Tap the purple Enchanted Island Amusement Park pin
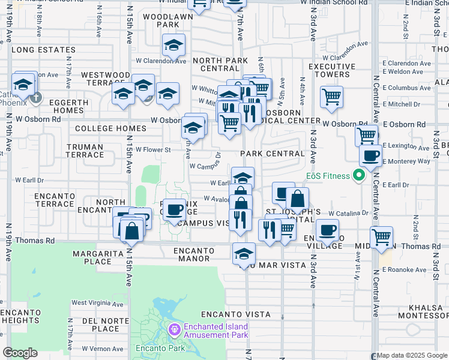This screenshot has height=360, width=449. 174,329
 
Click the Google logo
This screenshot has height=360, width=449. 20,353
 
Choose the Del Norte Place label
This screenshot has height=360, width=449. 101,325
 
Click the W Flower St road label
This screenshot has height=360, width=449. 154,150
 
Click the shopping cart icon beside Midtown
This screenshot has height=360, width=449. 382,238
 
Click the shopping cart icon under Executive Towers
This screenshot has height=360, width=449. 331,97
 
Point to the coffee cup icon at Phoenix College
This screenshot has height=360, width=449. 175,210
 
